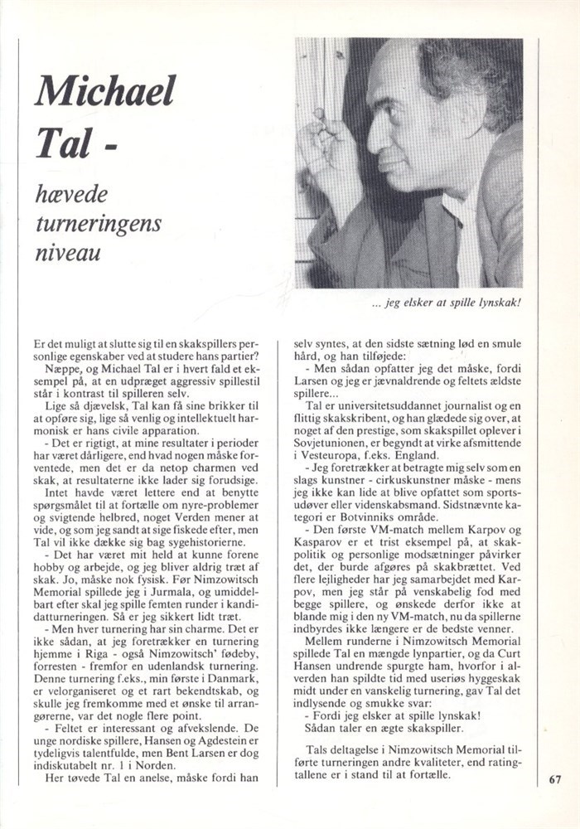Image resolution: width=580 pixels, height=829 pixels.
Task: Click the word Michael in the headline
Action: click(104, 91)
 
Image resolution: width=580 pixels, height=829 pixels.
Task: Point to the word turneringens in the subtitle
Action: click(99, 223)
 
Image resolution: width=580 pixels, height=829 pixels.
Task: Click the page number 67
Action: click(555, 778)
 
